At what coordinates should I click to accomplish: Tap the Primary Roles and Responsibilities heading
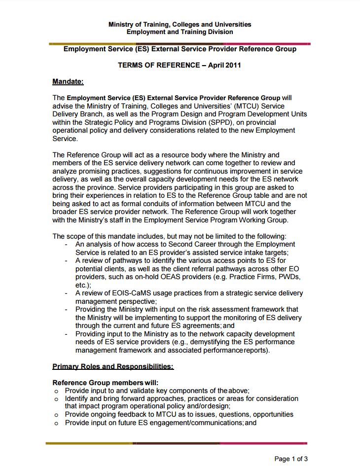coord(113,366)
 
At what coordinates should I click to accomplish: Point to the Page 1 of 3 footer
coord(291,459)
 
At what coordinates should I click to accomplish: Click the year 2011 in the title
coord(233,65)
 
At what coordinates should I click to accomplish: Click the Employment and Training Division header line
coord(180,32)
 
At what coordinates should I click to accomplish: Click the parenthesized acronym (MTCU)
coord(245,106)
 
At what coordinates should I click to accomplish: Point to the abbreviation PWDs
coord(288,277)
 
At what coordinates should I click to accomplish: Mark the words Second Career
coord(191,244)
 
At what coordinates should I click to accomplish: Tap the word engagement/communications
coord(192,423)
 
